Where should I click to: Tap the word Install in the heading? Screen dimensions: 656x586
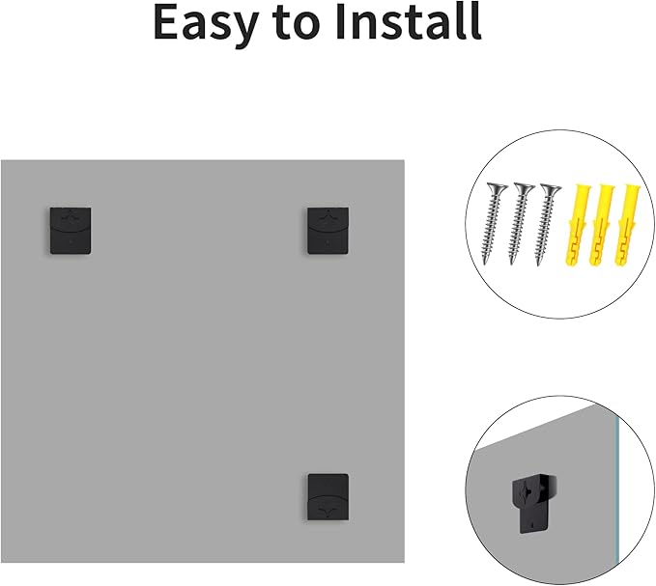click(x=409, y=21)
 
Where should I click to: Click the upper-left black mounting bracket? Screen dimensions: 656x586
click(x=71, y=231)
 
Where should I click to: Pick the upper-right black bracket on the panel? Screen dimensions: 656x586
click(x=328, y=231)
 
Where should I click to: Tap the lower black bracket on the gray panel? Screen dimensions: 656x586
click(x=328, y=497)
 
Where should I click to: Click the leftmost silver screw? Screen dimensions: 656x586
click(x=492, y=223)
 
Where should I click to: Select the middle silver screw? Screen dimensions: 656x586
click(x=519, y=223)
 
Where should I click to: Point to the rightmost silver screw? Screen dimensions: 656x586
click(x=546, y=224)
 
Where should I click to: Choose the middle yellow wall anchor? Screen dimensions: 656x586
click(x=601, y=225)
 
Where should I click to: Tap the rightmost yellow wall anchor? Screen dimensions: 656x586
click(x=626, y=225)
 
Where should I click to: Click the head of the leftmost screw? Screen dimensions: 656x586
click(x=497, y=189)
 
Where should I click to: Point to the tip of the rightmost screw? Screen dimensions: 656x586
click(x=538, y=265)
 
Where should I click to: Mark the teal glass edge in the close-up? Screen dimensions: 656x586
click(x=616, y=485)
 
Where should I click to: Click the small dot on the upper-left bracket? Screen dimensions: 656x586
click(x=71, y=241)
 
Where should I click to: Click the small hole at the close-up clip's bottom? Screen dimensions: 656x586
click(x=531, y=523)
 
